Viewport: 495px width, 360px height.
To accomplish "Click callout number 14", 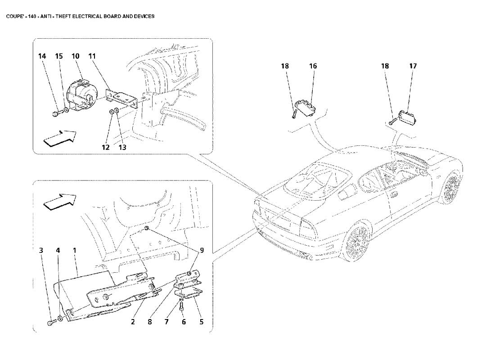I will point(42,56).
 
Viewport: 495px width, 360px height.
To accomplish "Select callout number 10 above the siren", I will point(75,56).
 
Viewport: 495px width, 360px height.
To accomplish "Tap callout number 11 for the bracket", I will point(92,56).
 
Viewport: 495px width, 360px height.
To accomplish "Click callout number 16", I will point(313,66).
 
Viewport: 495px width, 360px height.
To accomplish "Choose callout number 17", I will point(413,66).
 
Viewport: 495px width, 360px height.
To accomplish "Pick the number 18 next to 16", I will point(285,66).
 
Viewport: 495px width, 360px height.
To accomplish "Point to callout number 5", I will point(201,322).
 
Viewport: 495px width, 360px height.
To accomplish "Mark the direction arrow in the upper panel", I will point(58,138).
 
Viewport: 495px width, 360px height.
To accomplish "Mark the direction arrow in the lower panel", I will point(58,201).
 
